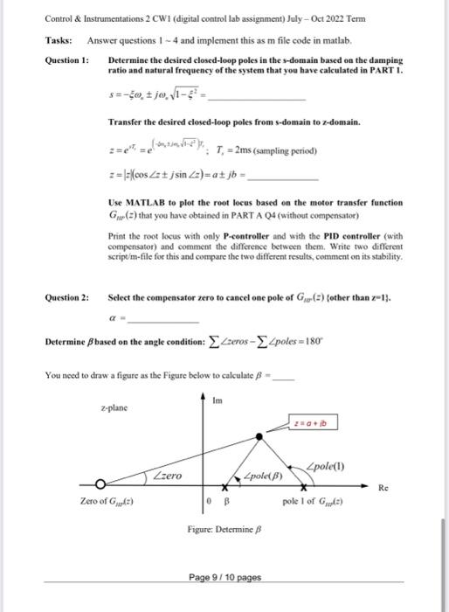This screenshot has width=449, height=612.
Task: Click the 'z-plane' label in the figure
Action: (114, 407)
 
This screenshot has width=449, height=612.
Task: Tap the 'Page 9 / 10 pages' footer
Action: (224, 577)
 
